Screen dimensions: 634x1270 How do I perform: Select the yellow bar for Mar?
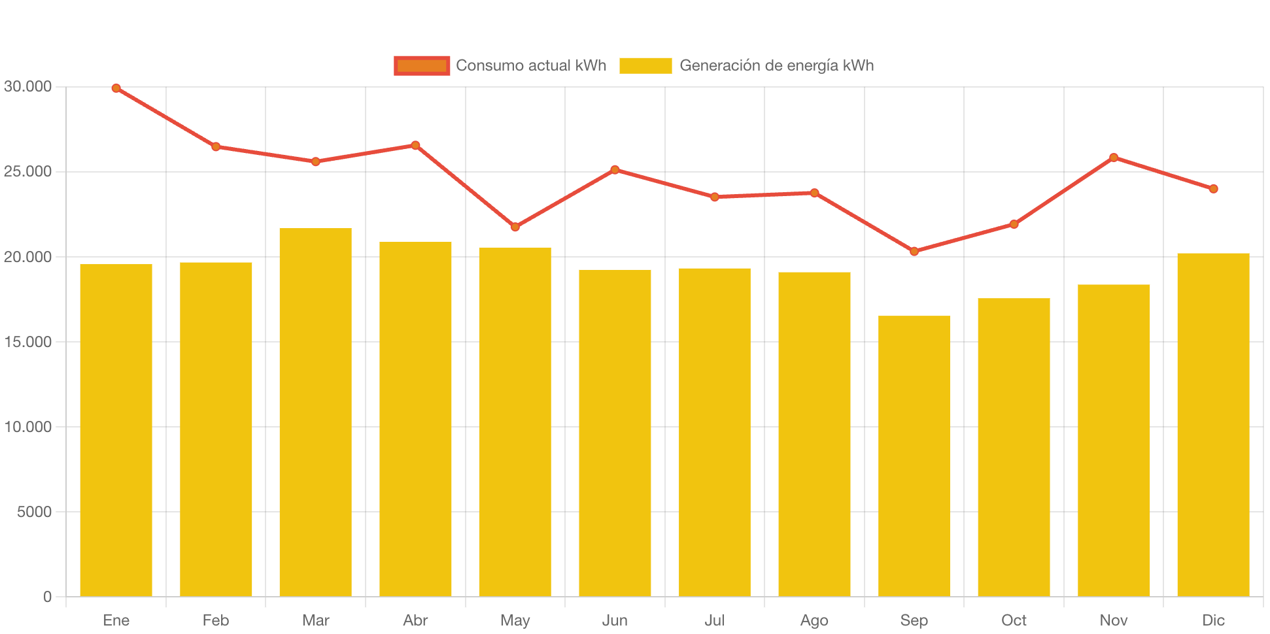(x=315, y=412)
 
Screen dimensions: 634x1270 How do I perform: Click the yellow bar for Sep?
(x=914, y=456)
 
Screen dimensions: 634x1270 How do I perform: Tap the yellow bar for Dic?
(x=1213, y=425)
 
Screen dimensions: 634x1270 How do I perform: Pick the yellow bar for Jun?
(x=615, y=433)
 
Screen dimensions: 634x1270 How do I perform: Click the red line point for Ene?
(x=116, y=88)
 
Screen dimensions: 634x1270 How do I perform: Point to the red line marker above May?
(x=515, y=227)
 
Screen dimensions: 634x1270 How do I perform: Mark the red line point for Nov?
(x=1114, y=158)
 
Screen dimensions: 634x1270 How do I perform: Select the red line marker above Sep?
(x=914, y=252)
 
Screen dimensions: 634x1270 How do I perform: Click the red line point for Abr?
(x=415, y=145)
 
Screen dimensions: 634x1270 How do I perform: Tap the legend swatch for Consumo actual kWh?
(x=422, y=65)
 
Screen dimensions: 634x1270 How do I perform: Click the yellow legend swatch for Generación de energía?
(x=645, y=65)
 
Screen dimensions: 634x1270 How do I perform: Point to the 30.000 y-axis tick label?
(x=27, y=87)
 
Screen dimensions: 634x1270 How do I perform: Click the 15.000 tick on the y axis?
(x=27, y=342)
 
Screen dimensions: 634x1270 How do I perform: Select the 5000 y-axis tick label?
(x=34, y=512)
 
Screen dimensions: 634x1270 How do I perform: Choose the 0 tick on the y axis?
(x=47, y=597)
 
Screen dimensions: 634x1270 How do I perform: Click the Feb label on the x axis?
(x=216, y=620)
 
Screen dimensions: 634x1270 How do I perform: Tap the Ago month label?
(x=814, y=620)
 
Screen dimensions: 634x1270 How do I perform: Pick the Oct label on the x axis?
(x=1014, y=620)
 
